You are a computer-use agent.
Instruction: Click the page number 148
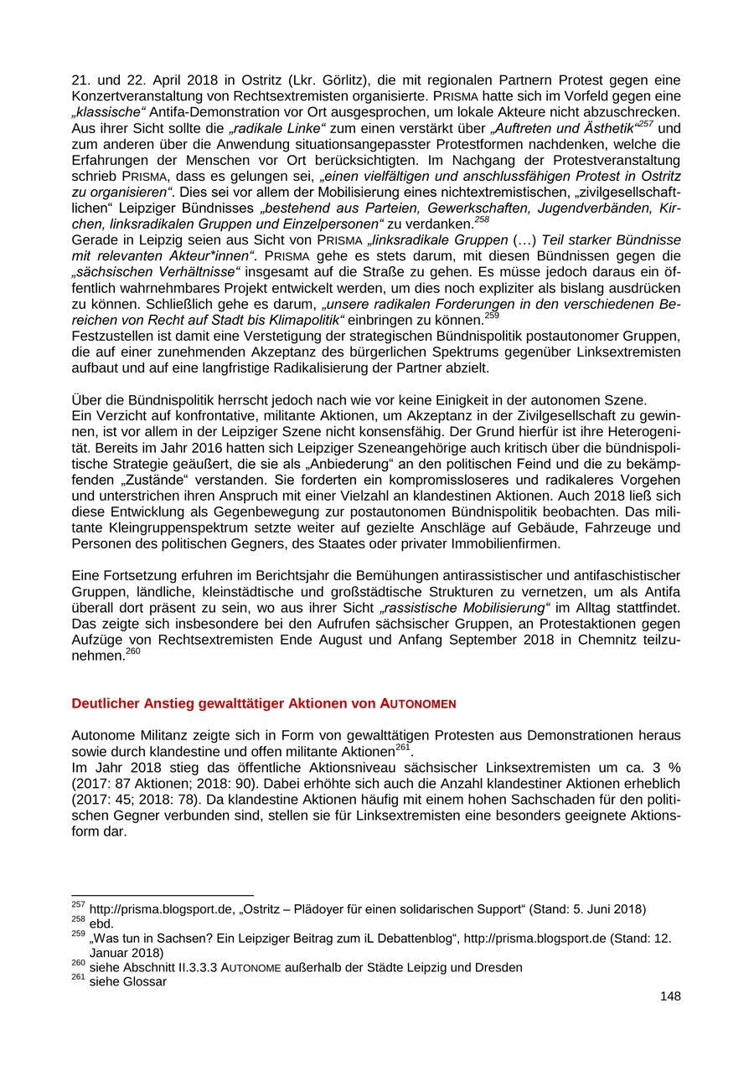click(x=669, y=996)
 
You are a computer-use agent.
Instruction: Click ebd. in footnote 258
click(x=101, y=924)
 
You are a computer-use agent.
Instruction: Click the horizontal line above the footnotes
click(x=163, y=896)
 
